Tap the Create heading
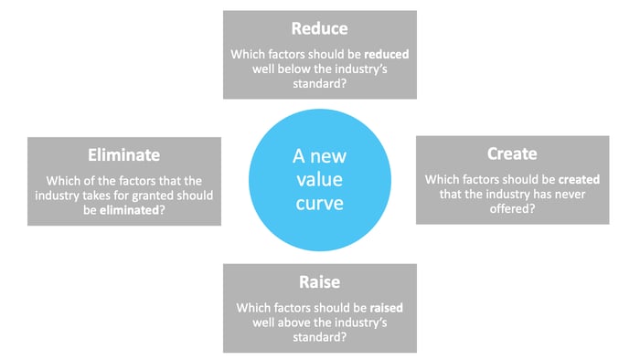click(512, 154)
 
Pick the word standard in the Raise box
click(320, 337)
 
